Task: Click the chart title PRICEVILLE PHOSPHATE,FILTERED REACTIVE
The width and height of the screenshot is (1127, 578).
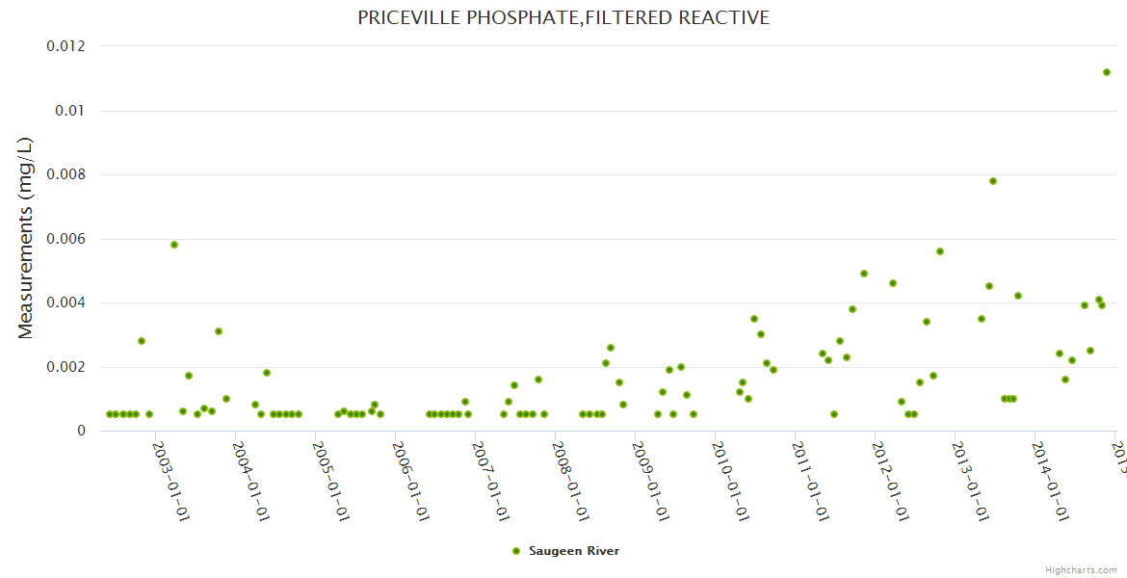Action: pyautogui.click(x=563, y=18)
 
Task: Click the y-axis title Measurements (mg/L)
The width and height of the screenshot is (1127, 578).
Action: pyautogui.click(x=26, y=238)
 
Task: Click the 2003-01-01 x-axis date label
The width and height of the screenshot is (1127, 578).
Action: pyautogui.click(x=170, y=481)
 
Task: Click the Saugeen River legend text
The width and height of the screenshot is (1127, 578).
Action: pyautogui.click(x=574, y=551)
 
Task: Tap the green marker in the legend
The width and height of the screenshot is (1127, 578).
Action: pyautogui.click(x=516, y=551)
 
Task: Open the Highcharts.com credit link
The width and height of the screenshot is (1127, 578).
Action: pyautogui.click(x=1081, y=569)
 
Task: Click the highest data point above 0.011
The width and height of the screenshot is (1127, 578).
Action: pyautogui.click(x=1107, y=72)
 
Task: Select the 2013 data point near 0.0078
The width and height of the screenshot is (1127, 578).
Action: pyautogui.click(x=993, y=181)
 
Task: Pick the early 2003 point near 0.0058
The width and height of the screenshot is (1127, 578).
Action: pyautogui.click(x=174, y=245)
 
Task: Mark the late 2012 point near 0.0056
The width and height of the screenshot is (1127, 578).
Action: pyautogui.click(x=940, y=251)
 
